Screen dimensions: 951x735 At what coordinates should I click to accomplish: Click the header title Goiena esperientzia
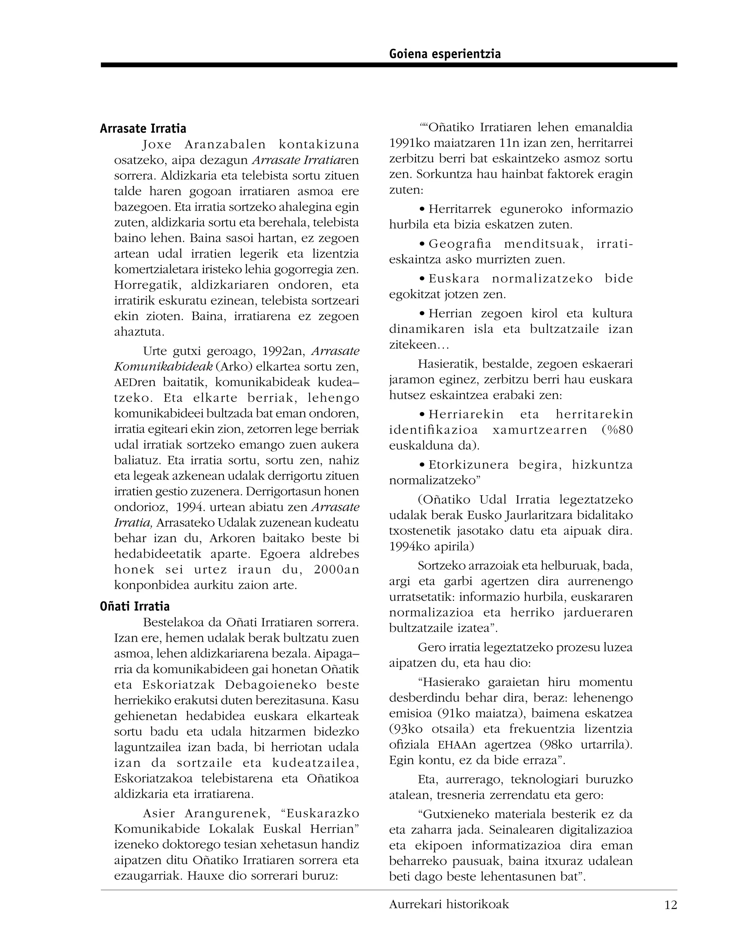point(445,54)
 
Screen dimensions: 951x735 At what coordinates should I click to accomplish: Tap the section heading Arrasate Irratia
point(143,128)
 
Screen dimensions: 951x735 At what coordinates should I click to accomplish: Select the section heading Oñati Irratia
point(135,606)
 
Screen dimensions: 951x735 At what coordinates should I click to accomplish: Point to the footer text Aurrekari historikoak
point(449,904)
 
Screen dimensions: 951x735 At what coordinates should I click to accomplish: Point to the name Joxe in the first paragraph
point(157,145)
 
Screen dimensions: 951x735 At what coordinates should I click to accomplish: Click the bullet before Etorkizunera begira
point(422,465)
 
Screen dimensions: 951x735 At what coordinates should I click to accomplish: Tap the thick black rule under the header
point(388,65)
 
